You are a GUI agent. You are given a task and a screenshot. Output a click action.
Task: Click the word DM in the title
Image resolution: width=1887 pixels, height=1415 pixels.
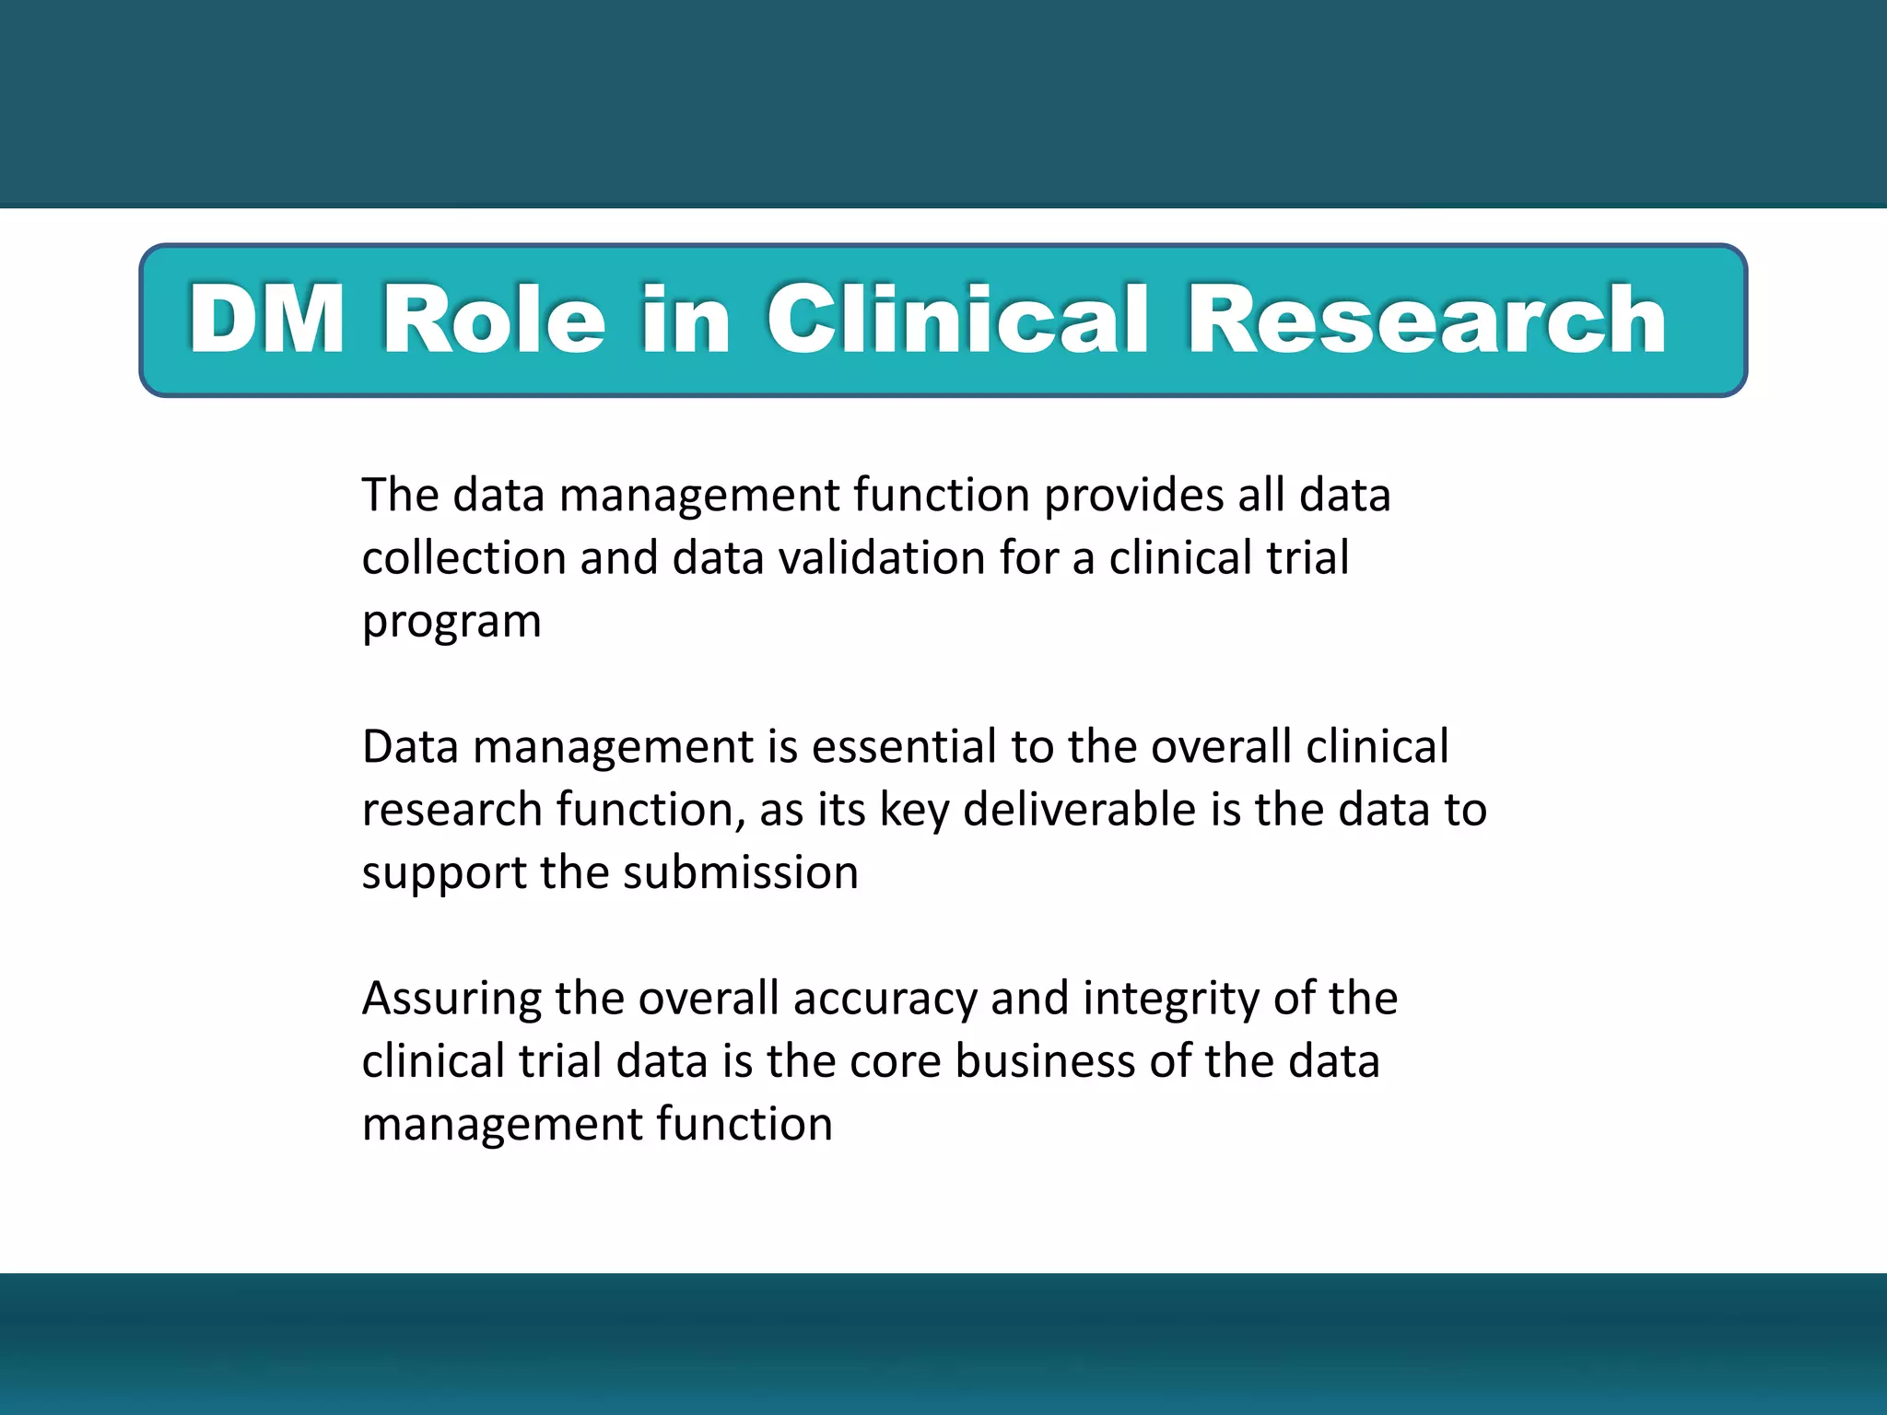pyautogui.click(x=266, y=320)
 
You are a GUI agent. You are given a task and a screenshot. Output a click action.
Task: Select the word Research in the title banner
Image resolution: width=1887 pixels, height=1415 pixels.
pyautogui.click(x=1426, y=320)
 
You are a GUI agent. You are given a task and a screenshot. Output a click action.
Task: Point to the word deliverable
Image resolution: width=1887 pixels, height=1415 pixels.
pyautogui.click(x=1080, y=810)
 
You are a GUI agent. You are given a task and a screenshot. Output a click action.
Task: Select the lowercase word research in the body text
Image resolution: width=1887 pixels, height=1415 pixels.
pyautogui.click(x=451, y=811)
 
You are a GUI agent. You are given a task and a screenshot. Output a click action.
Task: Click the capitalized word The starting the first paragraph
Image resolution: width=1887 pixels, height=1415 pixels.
pyautogui.click(x=400, y=496)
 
